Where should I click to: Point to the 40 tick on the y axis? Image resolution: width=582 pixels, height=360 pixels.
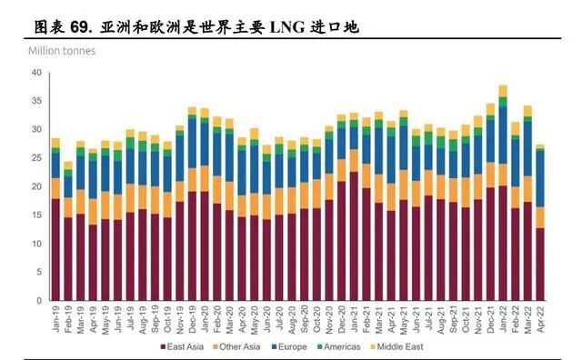click(x=36, y=73)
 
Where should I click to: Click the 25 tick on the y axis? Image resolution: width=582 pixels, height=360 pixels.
click(x=36, y=158)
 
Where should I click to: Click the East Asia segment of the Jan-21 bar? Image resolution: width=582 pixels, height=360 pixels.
click(x=354, y=236)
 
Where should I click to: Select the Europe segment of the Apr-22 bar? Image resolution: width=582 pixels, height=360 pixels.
click(x=540, y=178)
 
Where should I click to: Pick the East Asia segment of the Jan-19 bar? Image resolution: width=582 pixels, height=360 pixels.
click(x=55, y=250)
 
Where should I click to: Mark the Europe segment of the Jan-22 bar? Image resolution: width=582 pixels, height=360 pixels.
click(x=503, y=136)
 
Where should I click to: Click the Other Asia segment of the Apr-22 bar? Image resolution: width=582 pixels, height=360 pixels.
click(x=540, y=216)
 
